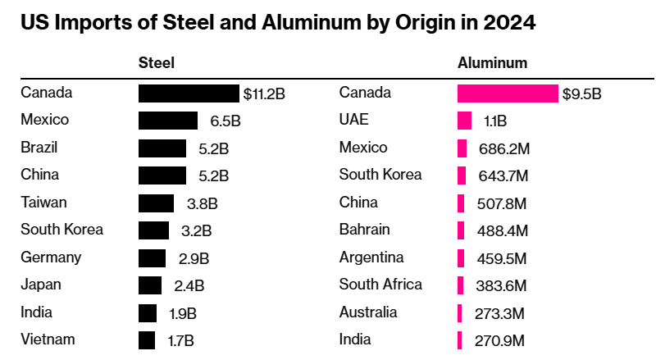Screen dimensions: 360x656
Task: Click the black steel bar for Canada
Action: tap(189, 93)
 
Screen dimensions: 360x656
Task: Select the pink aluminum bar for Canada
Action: tap(507, 93)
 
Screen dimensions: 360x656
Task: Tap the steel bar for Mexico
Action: tap(168, 121)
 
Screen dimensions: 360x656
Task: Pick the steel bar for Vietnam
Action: tap(147, 339)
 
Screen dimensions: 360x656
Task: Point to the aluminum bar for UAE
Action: tap(464, 121)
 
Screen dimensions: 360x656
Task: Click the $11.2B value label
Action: tap(264, 93)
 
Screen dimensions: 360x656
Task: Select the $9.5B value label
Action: tap(581, 93)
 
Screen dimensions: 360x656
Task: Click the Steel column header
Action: tap(157, 62)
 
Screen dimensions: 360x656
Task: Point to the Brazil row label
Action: tap(39, 148)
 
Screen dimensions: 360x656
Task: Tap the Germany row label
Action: tap(51, 257)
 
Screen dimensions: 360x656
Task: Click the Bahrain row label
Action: tap(364, 230)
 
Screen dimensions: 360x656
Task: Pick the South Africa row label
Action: tap(380, 285)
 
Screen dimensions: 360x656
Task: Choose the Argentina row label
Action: tap(371, 257)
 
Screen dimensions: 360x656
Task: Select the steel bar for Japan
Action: tap(150, 285)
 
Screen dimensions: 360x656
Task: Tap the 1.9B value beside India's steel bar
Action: tap(181, 312)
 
